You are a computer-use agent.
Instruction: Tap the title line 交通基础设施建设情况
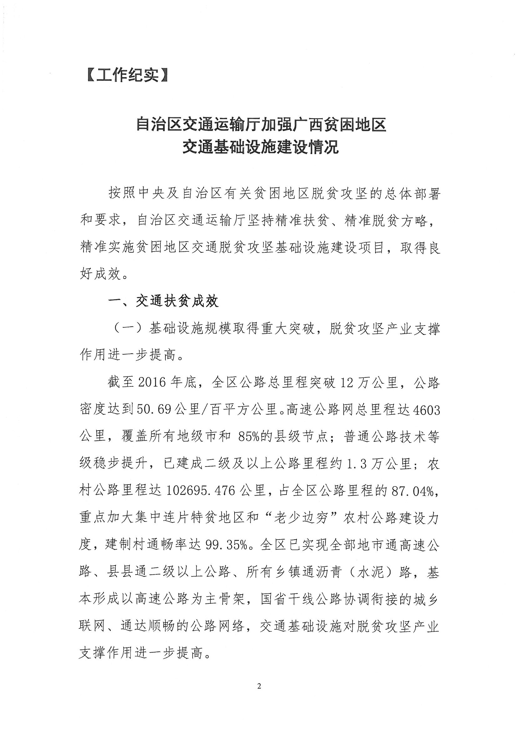point(260,148)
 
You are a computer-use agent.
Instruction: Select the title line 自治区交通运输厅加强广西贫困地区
point(261,124)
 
